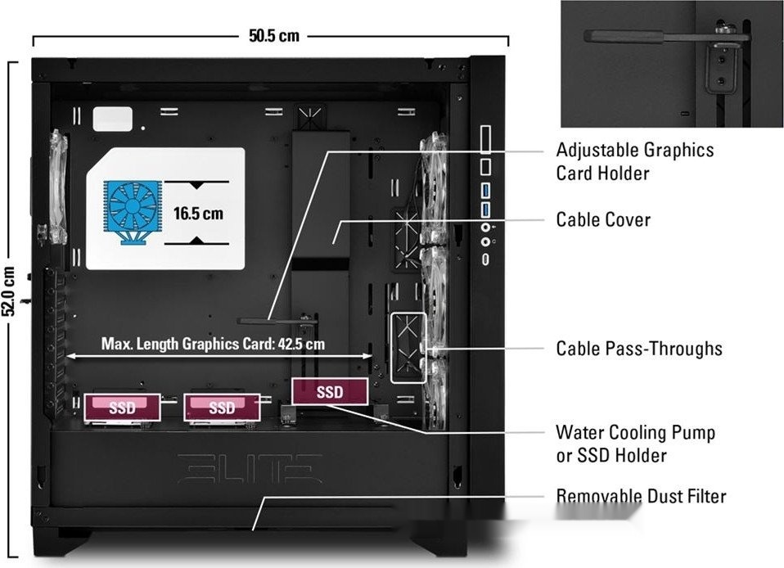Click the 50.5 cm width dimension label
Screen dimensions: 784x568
click(274, 35)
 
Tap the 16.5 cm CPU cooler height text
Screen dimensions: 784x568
click(198, 214)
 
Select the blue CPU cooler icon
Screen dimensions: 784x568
click(133, 212)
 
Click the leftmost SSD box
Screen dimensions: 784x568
click(123, 407)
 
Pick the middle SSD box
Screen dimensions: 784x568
click(222, 407)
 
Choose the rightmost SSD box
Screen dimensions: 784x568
click(330, 391)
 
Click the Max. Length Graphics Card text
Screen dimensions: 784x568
click(213, 344)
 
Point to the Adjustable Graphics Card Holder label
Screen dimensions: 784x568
click(635, 161)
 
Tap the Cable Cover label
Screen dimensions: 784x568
click(603, 219)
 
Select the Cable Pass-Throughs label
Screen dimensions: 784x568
click(639, 349)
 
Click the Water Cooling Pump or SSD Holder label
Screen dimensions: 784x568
click(636, 444)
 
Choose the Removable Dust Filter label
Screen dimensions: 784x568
click(641, 496)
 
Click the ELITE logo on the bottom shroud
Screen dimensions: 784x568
click(250, 468)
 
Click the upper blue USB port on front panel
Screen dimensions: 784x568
click(485, 191)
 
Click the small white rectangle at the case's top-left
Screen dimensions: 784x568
click(112, 119)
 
